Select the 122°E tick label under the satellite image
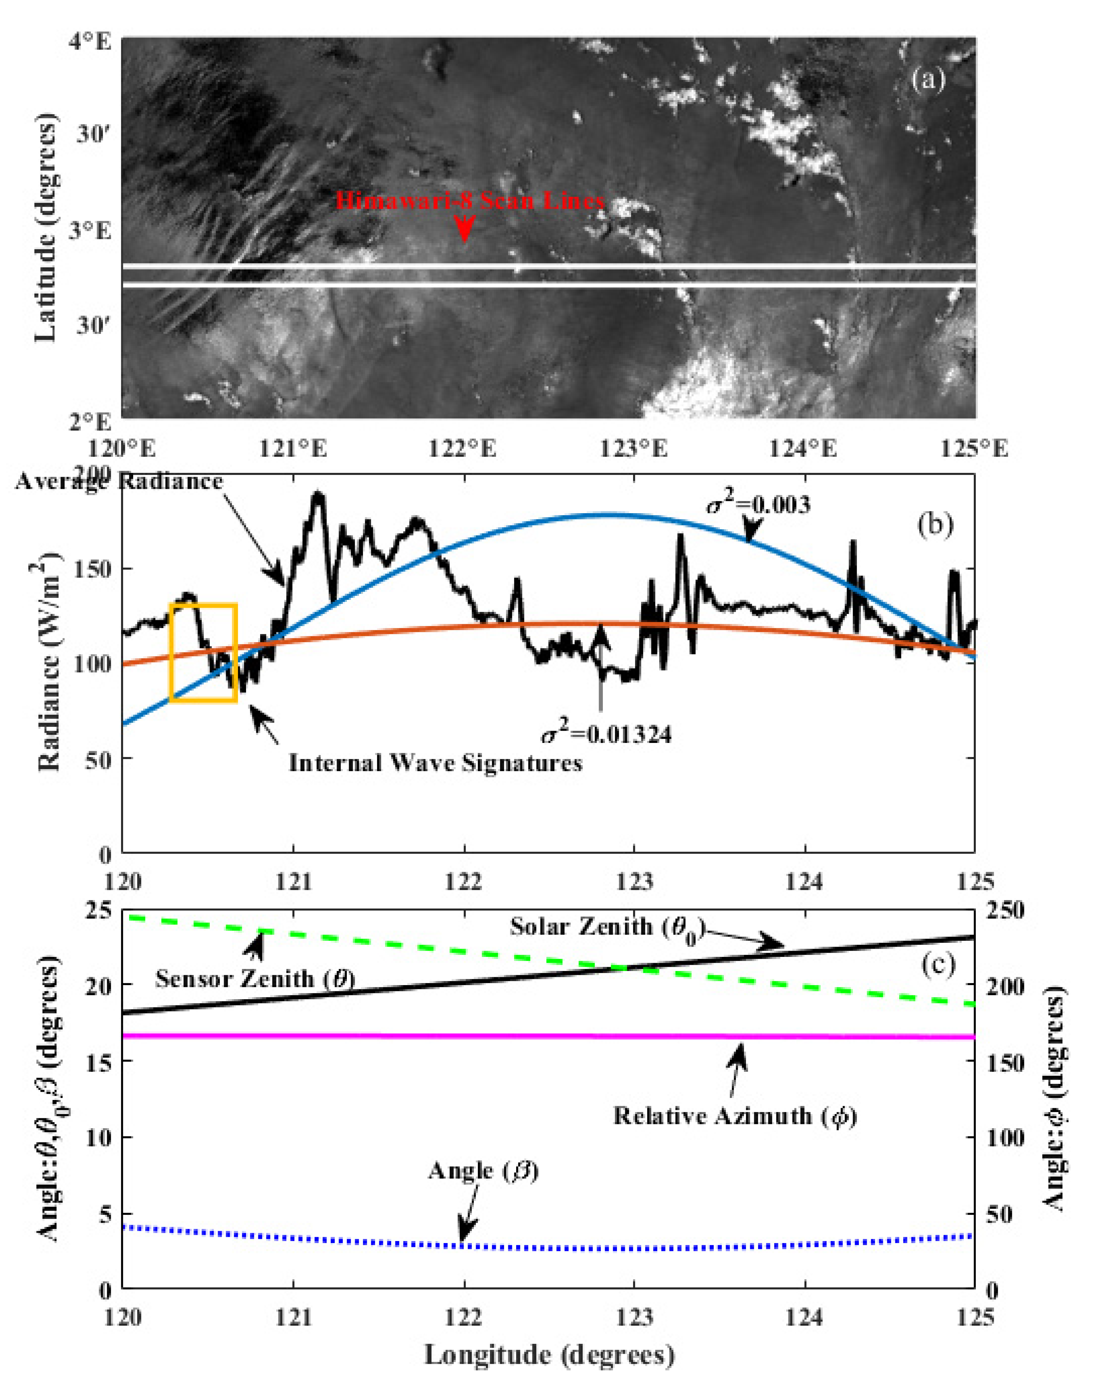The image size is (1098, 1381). click(x=462, y=449)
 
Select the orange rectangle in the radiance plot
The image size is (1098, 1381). click(x=204, y=652)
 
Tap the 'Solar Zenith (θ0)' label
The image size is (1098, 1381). click(x=607, y=927)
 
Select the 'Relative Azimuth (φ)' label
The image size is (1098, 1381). click(x=735, y=1116)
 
